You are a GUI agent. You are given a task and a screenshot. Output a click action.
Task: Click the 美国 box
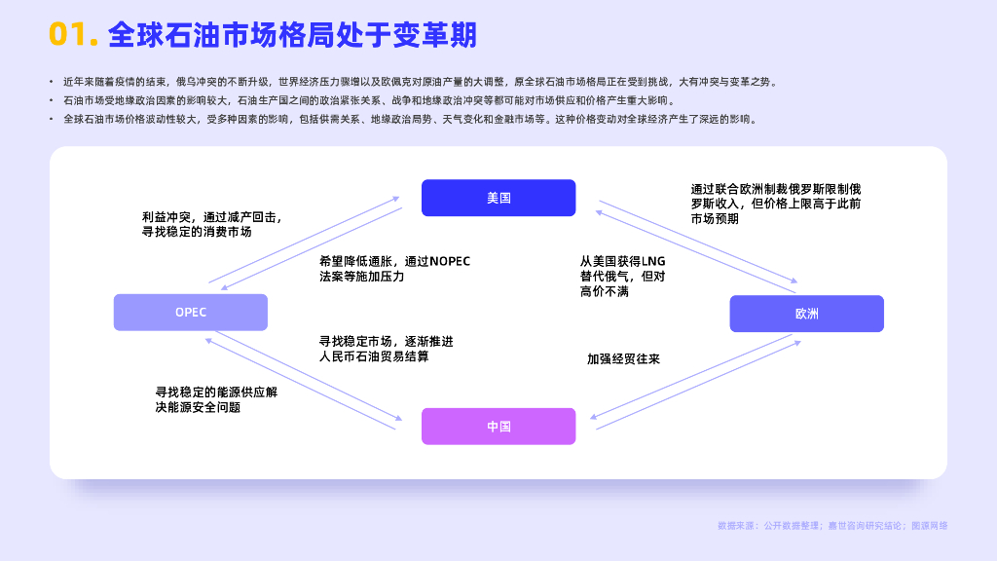coord(498,198)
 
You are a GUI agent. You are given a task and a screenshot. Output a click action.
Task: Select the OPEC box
coord(191,313)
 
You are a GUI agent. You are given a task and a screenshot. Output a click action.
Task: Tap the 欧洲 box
coord(807,314)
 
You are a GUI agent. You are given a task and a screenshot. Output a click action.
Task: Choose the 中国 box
coord(498,427)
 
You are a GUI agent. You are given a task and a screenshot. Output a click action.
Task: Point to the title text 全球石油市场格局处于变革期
coord(292,34)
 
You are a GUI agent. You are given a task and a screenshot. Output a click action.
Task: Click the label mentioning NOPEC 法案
coord(395,269)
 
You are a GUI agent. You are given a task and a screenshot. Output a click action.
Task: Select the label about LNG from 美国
coord(622,276)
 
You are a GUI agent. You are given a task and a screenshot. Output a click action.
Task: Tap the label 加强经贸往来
coord(623,358)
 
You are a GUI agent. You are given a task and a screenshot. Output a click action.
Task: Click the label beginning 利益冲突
coord(211,224)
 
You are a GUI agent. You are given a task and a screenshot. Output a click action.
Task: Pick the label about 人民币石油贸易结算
coord(386,349)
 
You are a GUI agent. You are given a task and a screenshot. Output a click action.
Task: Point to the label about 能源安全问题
coord(216,399)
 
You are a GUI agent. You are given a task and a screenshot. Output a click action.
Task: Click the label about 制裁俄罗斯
coord(776,204)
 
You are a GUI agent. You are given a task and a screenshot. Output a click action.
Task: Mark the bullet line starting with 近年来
coord(420,82)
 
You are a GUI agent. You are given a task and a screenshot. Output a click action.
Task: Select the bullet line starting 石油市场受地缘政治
coord(369,100)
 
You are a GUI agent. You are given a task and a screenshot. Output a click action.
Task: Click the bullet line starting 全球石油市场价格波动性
coord(410,119)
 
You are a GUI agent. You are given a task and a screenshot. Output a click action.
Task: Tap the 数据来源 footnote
coord(832,525)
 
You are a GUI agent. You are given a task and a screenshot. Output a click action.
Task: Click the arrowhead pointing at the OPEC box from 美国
coord(225,288)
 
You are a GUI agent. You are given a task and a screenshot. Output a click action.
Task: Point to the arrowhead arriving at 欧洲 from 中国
coord(797,344)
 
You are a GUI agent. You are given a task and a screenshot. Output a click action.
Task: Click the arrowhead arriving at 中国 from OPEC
coord(398,419)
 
